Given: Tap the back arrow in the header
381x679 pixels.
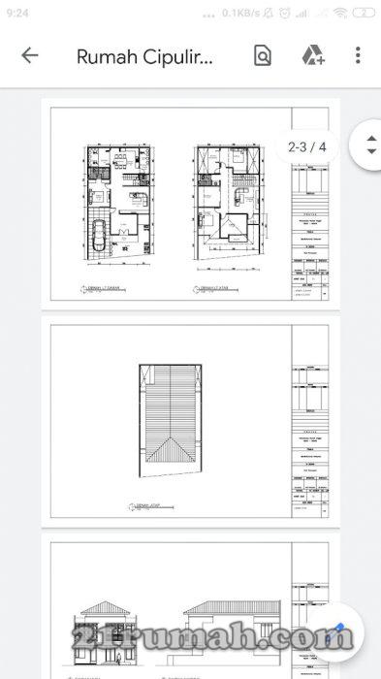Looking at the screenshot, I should pyautogui.click(x=30, y=55).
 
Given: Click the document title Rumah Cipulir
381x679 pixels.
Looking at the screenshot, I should pyautogui.click(x=144, y=55).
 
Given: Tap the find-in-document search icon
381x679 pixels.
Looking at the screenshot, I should pyautogui.click(x=263, y=55).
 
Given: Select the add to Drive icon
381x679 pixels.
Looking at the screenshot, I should pyautogui.click(x=312, y=55).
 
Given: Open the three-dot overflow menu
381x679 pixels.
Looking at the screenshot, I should pyautogui.click(x=358, y=55).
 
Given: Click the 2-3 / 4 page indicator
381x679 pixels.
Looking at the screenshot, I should pyautogui.click(x=307, y=147).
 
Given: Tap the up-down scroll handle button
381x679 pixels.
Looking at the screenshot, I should pyautogui.click(x=371, y=145).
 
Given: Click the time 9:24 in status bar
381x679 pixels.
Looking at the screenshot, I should pyautogui.click(x=17, y=13).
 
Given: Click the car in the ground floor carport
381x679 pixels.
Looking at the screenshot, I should pyautogui.click(x=99, y=237).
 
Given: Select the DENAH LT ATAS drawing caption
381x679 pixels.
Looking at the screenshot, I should pyautogui.click(x=208, y=289).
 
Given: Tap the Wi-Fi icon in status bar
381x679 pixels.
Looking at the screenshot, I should pyautogui.click(x=340, y=13).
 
